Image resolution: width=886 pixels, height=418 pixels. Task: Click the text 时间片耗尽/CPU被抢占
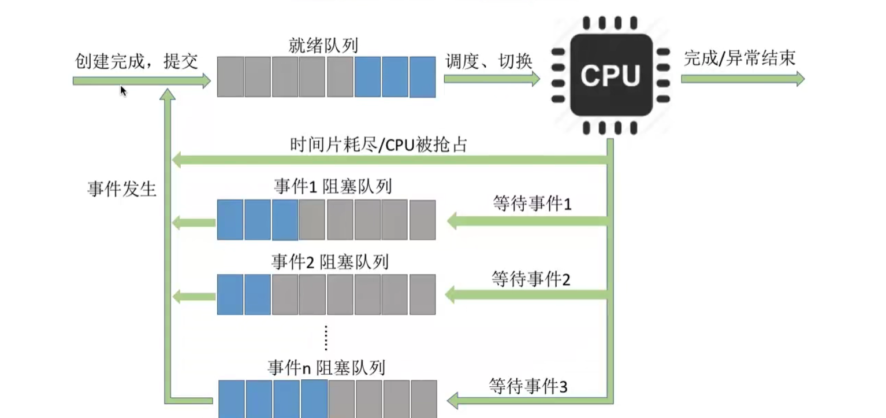[x=378, y=145]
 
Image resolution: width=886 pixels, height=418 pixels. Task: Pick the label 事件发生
[x=122, y=189]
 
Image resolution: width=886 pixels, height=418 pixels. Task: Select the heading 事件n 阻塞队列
[x=326, y=367]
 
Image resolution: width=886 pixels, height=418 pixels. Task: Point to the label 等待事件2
[x=531, y=279]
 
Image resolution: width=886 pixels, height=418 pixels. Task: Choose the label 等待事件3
[x=528, y=386]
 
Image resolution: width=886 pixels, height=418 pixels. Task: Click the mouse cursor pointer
[x=123, y=90]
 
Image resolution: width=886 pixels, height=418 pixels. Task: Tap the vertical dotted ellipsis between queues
[x=326, y=338]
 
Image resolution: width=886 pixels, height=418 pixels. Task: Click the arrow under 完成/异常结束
[x=743, y=78]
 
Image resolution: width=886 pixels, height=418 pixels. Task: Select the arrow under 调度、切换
[x=492, y=79]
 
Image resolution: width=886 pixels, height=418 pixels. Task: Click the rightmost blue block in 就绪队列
[x=422, y=76]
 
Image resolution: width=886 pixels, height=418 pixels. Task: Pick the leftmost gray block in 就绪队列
[x=230, y=76]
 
